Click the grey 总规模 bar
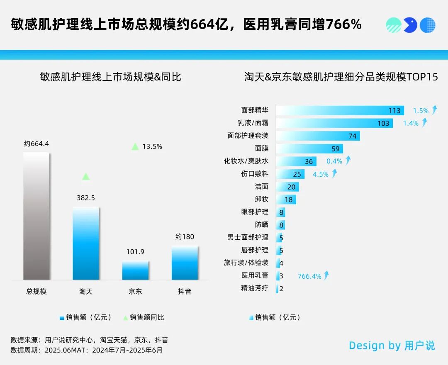click(37, 216)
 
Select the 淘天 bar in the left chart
click(86, 243)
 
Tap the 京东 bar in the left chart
click(135, 270)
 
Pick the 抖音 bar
click(185, 263)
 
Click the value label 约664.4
click(37, 144)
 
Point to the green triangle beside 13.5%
click(135, 146)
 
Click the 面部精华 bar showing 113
click(339, 110)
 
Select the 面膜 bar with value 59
click(309, 148)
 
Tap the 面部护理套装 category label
click(248, 136)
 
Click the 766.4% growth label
click(309, 276)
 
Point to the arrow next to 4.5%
click(334, 174)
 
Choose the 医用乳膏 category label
click(255, 275)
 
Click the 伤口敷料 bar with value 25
click(290, 174)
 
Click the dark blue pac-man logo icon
click(410, 25)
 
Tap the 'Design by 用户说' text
click(392, 346)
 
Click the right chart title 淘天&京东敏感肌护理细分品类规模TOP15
click(341, 77)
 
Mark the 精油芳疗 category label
click(255, 288)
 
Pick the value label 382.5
click(86, 198)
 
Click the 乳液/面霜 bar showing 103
click(334, 123)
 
